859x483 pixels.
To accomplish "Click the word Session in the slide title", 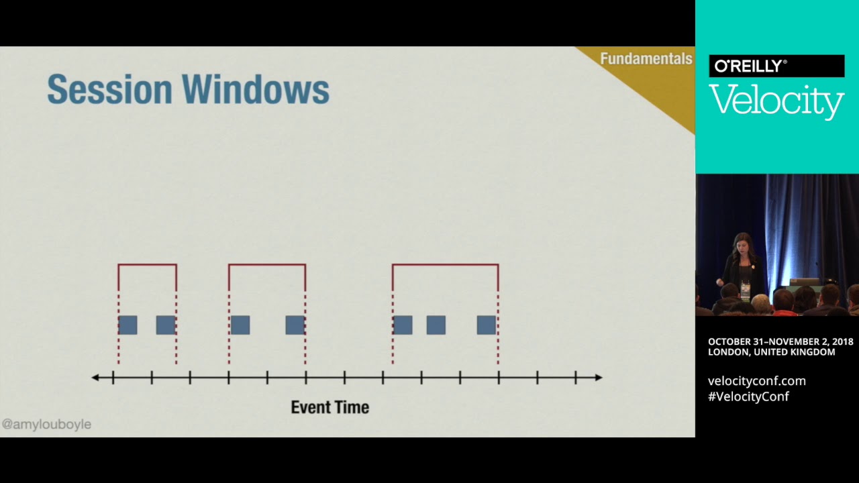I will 108,89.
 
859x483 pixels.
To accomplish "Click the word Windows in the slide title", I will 256,89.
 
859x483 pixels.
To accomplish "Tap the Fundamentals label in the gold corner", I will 646,59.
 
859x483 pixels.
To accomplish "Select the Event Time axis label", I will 330,407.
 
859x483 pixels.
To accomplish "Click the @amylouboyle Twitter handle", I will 46,425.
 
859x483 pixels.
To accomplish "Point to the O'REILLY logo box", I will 776,66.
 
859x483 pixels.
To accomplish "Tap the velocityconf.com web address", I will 756,381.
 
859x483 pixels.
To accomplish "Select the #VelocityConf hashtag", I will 748,396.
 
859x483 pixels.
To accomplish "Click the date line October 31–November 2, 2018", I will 780,342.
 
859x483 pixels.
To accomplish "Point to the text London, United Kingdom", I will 771,352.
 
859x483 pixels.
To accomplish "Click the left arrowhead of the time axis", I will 95,378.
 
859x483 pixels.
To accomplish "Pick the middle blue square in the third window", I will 436,325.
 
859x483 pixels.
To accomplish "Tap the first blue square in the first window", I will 128,325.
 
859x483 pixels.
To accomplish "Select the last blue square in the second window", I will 295,325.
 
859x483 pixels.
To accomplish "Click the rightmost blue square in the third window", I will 487,325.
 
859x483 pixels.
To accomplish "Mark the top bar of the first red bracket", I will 148,265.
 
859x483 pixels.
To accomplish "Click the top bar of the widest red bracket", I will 446,265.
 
